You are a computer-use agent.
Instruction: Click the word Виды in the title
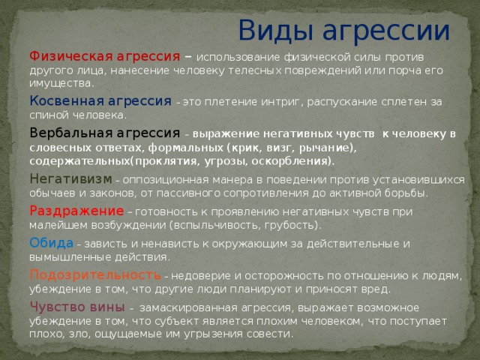275,31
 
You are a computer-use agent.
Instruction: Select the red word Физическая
71,57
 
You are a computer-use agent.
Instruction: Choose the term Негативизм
70,179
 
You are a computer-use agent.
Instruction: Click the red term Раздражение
76,211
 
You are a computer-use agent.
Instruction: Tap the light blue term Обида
52,243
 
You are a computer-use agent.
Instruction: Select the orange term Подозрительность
95,275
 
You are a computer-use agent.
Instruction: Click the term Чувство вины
77,307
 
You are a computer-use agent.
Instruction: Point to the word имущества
60,84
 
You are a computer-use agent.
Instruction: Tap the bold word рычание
328,148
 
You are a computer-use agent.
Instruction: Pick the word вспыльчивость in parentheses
214,226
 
